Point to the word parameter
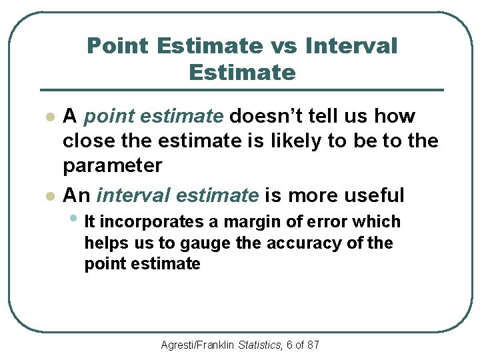click(112, 165)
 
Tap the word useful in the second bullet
click(374, 195)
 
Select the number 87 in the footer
click(312, 345)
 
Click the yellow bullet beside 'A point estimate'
click(48, 117)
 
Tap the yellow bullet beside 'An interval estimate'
click(48, 196)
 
